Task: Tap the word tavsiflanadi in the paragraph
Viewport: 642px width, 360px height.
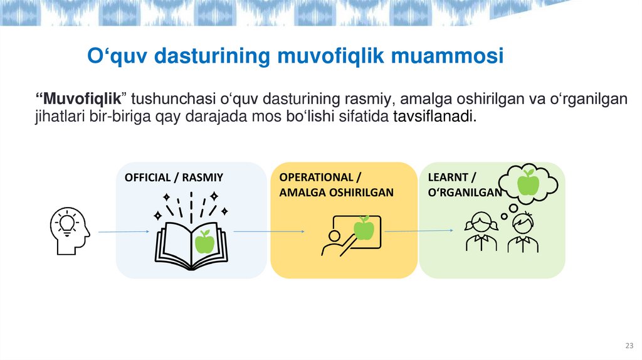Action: click(434, 117)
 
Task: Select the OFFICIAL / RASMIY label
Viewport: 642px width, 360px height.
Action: click(174, 177)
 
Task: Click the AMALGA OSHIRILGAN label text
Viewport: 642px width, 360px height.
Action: click(336, 193)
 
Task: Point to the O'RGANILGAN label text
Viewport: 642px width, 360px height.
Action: click(464, 193)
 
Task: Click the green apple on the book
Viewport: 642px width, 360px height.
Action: click(204, 242)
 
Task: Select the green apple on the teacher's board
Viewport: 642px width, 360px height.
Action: click(364, 229)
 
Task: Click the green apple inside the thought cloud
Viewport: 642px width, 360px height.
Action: click(529, 182)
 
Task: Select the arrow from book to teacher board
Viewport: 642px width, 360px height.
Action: click(268, 232)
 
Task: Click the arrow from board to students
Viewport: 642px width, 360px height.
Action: click(418, 231)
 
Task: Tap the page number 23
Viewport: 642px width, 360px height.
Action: click(629, 347)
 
